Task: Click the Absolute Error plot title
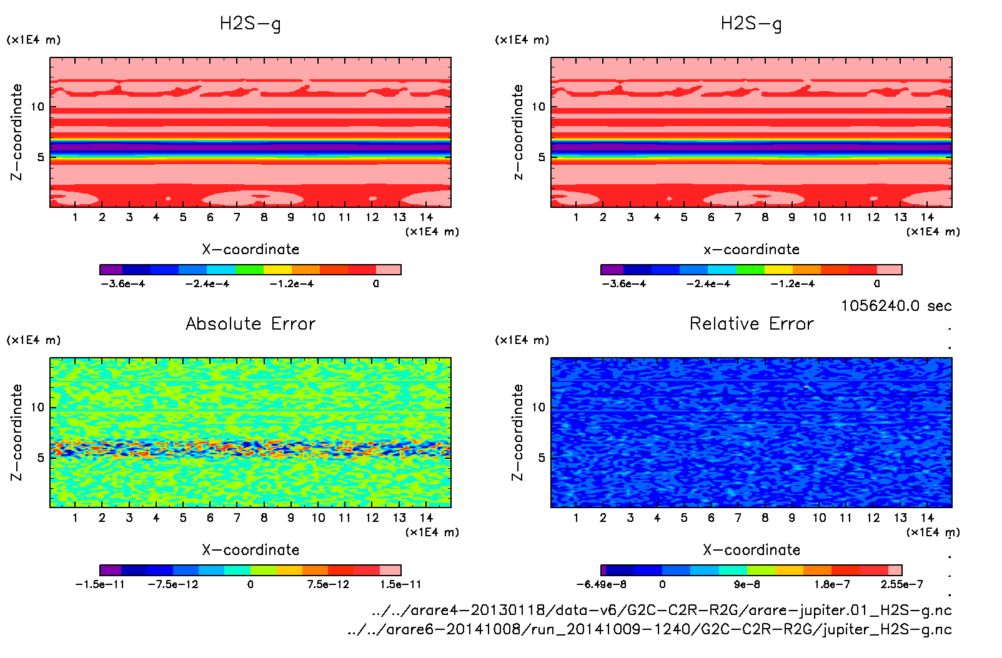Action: (250, 323)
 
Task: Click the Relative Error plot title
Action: (751, 323)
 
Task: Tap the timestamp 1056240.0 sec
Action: (896, 306)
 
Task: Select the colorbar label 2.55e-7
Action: (901, 584)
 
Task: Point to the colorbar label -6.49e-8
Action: (601, 584)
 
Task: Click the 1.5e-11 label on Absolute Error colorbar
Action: (400, 584)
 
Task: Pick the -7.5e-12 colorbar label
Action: (173, 584)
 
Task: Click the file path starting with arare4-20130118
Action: (662, 610)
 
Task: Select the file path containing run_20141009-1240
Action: (650, 629)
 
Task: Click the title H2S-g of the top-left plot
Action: (250, 24)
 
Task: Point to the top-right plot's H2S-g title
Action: (751, 24)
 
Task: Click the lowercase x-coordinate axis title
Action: (751, 250)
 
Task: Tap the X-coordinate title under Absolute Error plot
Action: (250, 550)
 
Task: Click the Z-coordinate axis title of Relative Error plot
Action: (517, 432)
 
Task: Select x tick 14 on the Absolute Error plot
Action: (426, 518)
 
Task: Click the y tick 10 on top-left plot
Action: (38, 107)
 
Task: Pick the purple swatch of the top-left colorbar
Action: (111, 270)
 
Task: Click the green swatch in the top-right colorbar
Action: (750, 270)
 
